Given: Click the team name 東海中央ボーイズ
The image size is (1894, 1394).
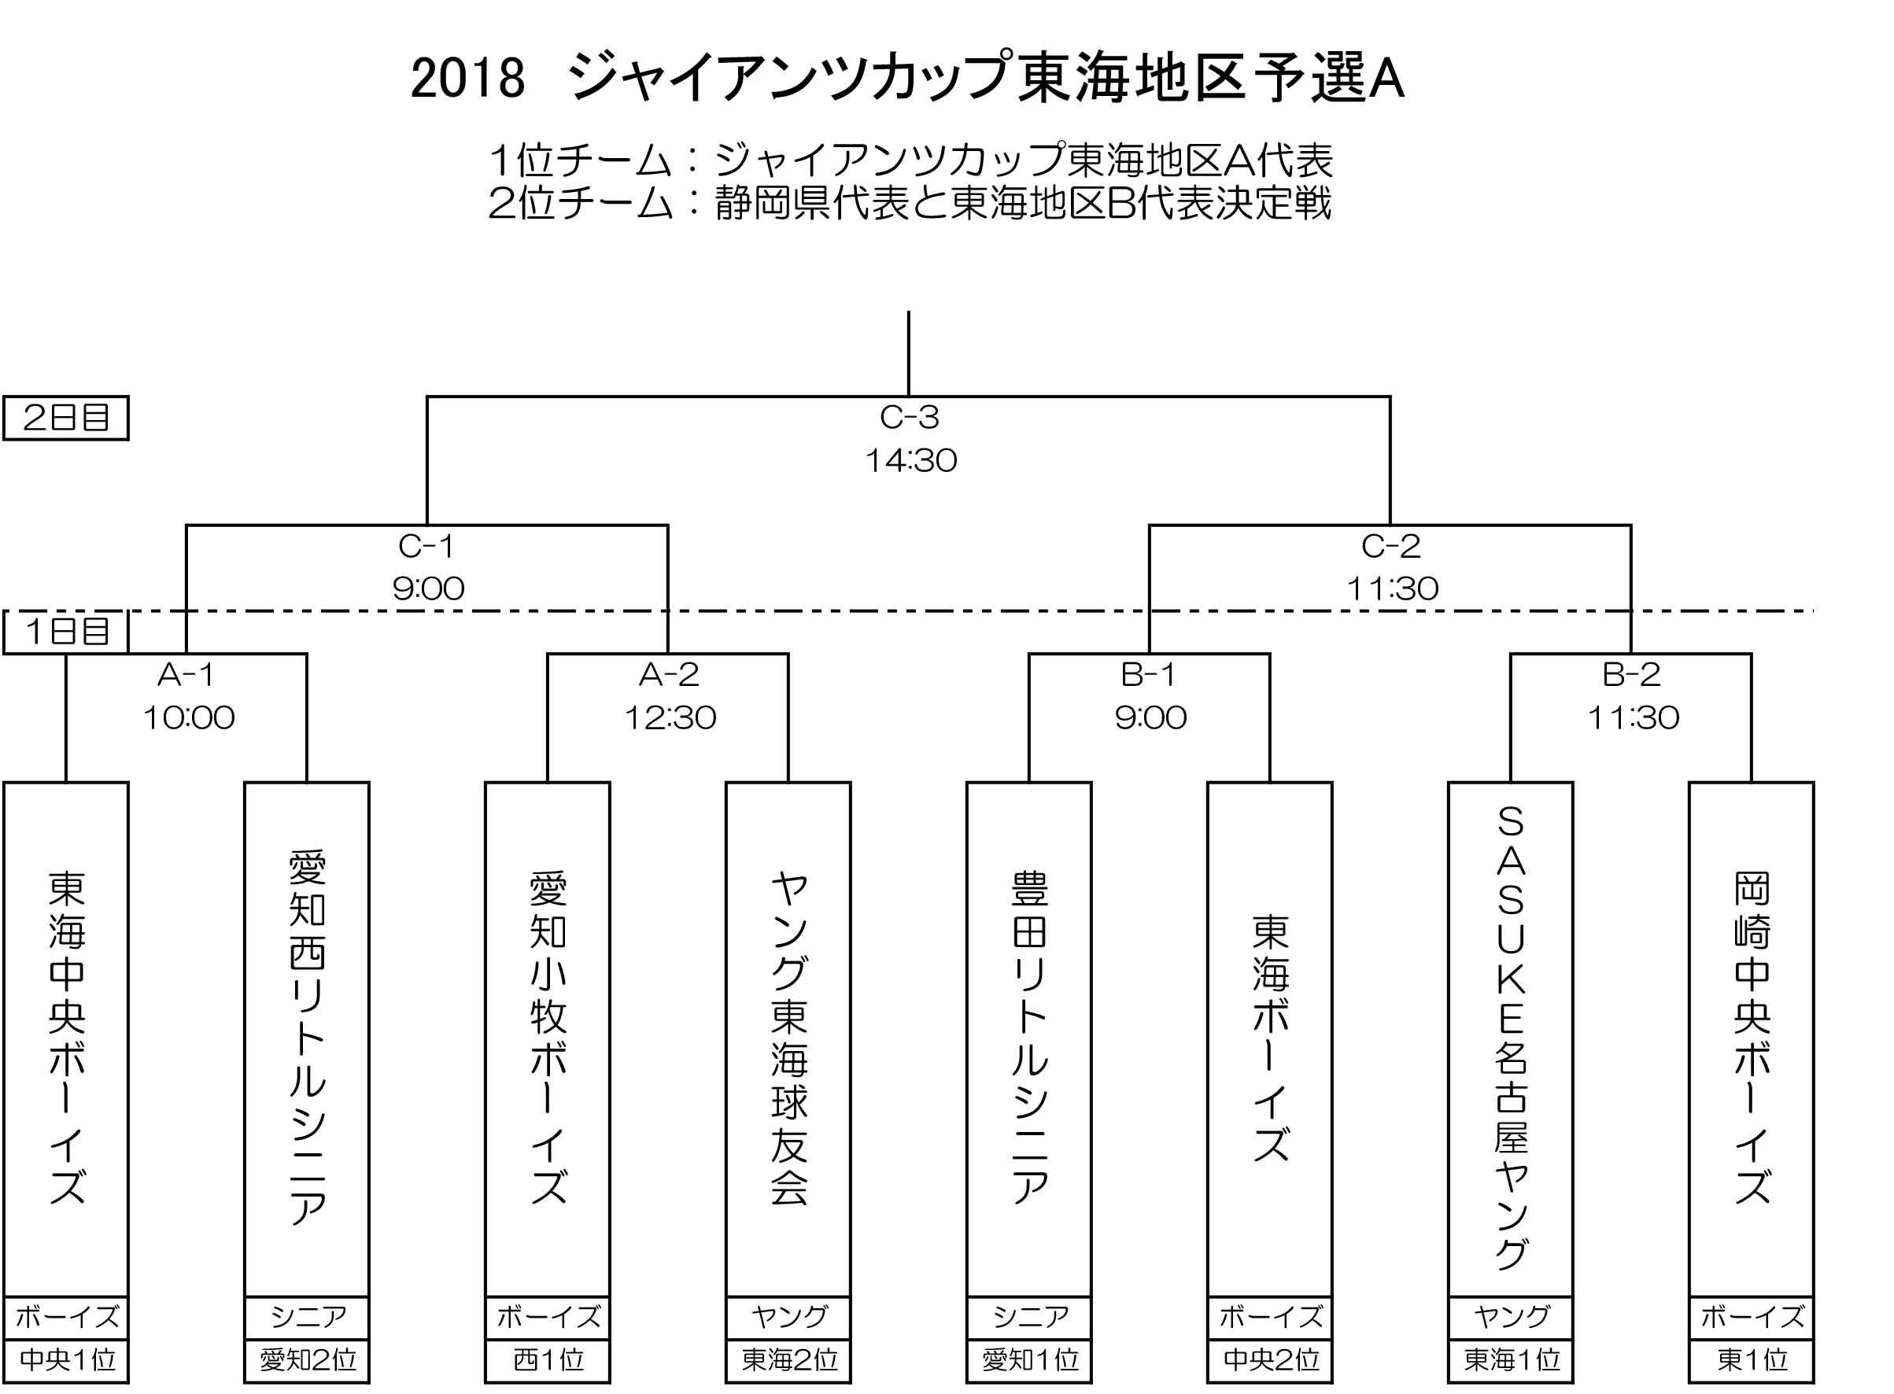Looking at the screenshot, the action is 67,1037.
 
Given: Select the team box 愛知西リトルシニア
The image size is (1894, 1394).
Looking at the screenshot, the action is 307,1038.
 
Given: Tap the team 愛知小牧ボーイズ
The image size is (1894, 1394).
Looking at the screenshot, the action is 548,1037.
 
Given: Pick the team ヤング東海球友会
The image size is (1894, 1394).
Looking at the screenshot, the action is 789,1037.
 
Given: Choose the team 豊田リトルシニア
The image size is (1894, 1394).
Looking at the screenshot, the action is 1030,1037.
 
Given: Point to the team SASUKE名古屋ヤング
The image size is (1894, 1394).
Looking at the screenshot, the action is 1511,1037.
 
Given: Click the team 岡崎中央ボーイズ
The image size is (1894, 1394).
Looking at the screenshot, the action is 1752,1037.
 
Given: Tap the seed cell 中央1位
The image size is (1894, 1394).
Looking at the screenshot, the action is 67,1360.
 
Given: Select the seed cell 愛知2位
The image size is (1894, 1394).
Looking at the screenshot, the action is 307,1360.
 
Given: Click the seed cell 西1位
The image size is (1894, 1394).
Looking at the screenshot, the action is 548,1360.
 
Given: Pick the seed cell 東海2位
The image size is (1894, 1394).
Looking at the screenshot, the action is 789,1360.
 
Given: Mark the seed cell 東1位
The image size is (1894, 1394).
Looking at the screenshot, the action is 1752,1360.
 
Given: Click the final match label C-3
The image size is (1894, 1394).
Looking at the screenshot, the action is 909,417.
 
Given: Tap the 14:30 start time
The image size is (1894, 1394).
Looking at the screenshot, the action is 910,461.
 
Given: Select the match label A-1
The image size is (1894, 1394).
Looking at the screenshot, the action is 186,674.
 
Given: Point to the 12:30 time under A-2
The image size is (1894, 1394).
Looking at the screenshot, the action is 670,718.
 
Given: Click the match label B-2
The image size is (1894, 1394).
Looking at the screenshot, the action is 1631,674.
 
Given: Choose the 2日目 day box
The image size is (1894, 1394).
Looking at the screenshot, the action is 66,418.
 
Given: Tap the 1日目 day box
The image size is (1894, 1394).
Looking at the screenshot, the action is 66,631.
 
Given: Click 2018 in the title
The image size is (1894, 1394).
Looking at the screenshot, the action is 467,79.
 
